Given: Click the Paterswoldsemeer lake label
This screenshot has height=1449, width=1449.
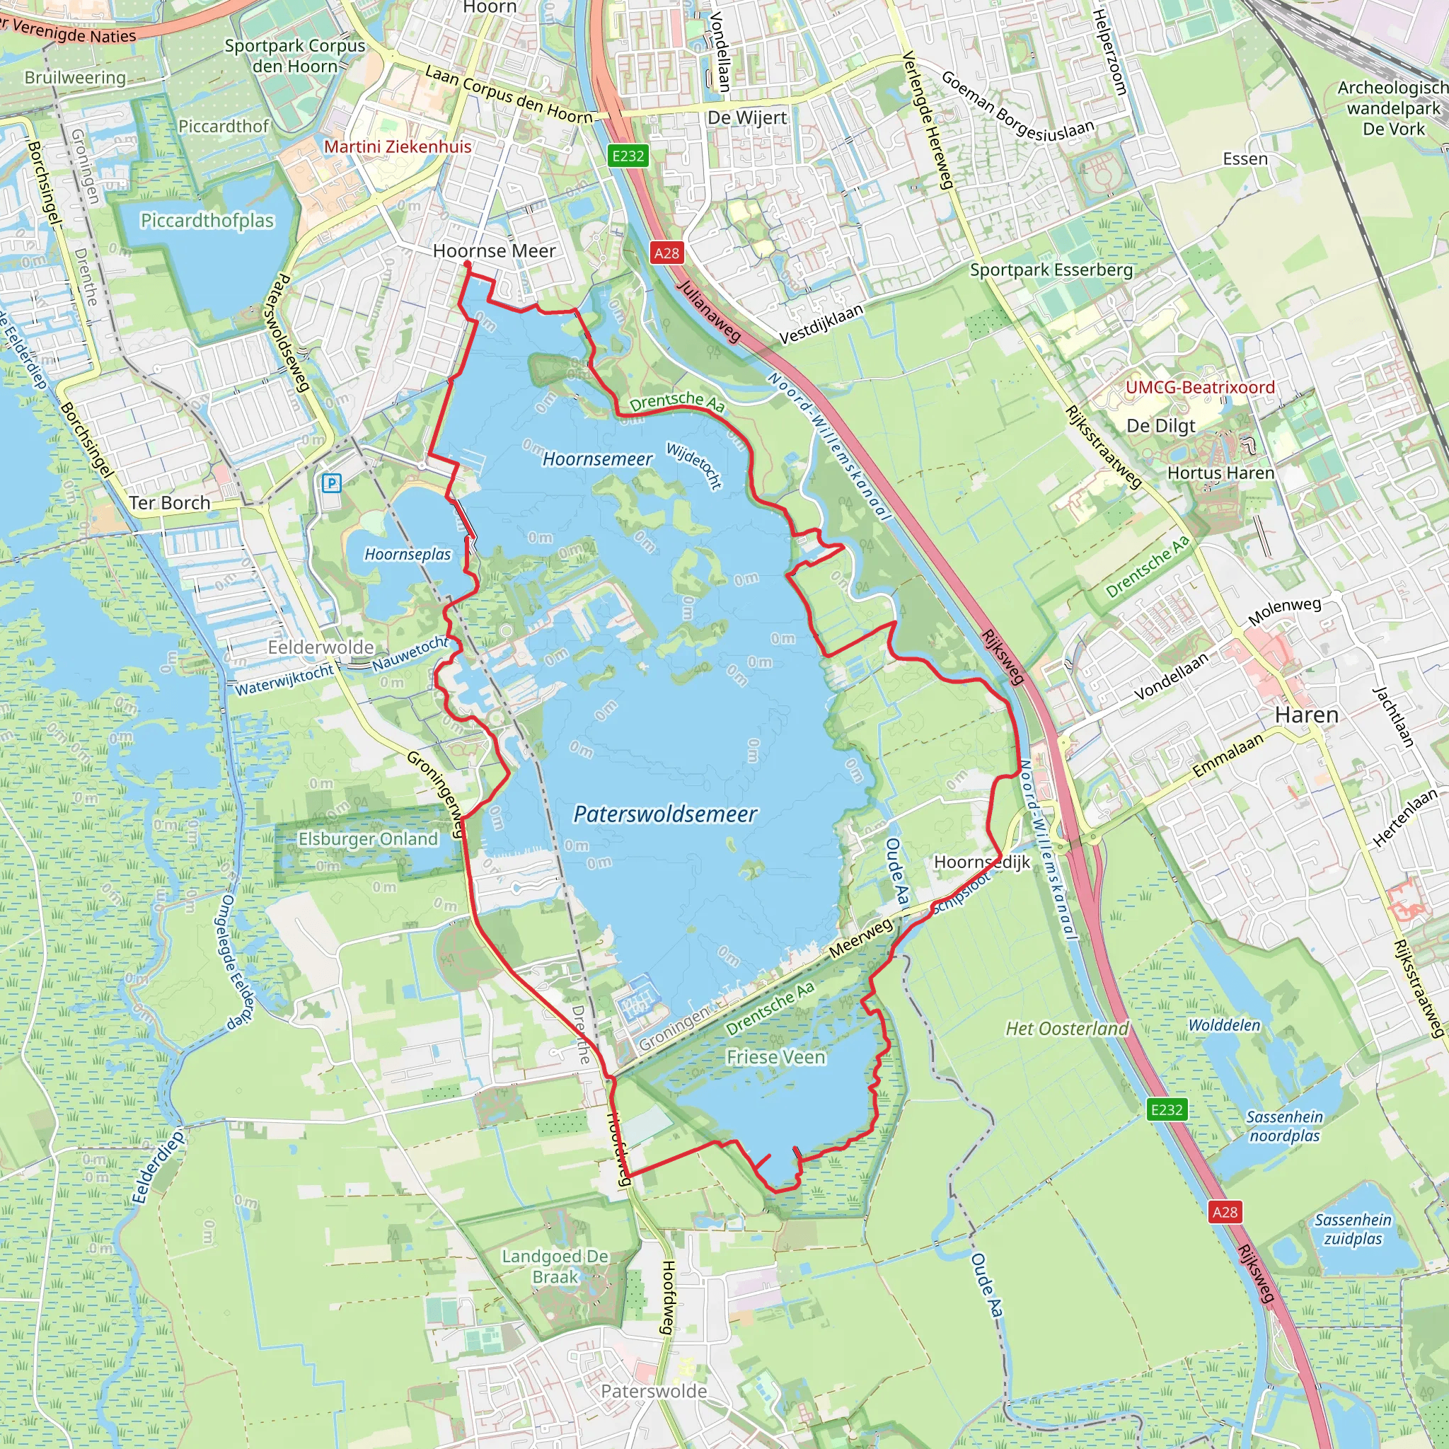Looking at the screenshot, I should click(664, 814).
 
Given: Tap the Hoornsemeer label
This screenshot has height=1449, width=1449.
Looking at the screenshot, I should click(597, 459).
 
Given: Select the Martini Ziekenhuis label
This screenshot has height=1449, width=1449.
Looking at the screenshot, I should click(398, 146).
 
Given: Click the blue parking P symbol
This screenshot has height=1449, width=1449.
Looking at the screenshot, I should click(330, 483).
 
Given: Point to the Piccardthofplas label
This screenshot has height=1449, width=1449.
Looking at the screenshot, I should click(207, 221).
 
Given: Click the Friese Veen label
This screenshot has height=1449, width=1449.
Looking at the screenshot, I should click(775, 1057).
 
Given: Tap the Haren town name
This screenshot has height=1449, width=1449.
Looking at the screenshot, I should click(1307, 715).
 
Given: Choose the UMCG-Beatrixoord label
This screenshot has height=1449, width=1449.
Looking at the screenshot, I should click(1200, 387).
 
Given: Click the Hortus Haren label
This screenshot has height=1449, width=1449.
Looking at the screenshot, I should click(1220, 473).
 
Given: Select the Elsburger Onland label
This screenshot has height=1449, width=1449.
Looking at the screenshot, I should click(367, 838).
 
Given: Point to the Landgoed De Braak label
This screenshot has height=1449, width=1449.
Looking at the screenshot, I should click(555, 1266).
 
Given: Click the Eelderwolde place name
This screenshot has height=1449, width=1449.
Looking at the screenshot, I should click(321, 647).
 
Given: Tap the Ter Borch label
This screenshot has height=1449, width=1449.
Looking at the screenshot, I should click(170, 502).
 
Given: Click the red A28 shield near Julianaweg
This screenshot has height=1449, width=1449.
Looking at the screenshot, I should click(666, 253).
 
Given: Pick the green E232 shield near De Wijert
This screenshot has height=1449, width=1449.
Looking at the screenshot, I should click(628, 156).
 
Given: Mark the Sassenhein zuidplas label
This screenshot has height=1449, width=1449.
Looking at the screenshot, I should click(1352, 1229).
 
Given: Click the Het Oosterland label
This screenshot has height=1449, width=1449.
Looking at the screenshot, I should click(1066, 1028).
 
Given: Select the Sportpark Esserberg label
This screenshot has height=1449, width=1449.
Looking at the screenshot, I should click(1051, 270).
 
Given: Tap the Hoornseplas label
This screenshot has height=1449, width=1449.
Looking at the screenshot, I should click(408, 554).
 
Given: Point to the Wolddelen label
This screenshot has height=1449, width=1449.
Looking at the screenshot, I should click(1224, 1025).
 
